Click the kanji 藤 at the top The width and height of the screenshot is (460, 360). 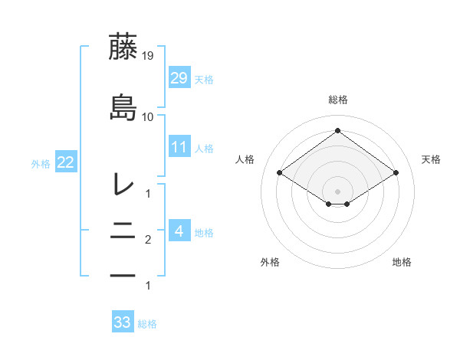coord(123,47)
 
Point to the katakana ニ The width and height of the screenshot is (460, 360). coord(123,229)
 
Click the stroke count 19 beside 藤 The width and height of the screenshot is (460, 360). coord(148,56)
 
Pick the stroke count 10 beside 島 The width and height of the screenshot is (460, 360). coord(148,117)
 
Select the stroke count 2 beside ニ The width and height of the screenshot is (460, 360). coord(148,241)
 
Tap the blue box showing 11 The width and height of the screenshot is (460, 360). coord(179,146)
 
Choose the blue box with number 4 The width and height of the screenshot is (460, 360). coord(179,230)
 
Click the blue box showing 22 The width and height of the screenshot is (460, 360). coord(66,162)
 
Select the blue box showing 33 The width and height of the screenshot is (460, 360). coord(122,322)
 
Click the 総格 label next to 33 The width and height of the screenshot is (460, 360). coord(148,324)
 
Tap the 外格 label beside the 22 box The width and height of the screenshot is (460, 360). coord(41,163)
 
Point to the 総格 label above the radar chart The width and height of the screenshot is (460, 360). coord(337,100)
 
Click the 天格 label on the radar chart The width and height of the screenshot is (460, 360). coord(432,159)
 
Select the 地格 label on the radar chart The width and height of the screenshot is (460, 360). coord(402,262)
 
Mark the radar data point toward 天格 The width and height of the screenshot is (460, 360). coord(396,174)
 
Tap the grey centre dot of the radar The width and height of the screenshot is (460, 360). coord(337,190)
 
